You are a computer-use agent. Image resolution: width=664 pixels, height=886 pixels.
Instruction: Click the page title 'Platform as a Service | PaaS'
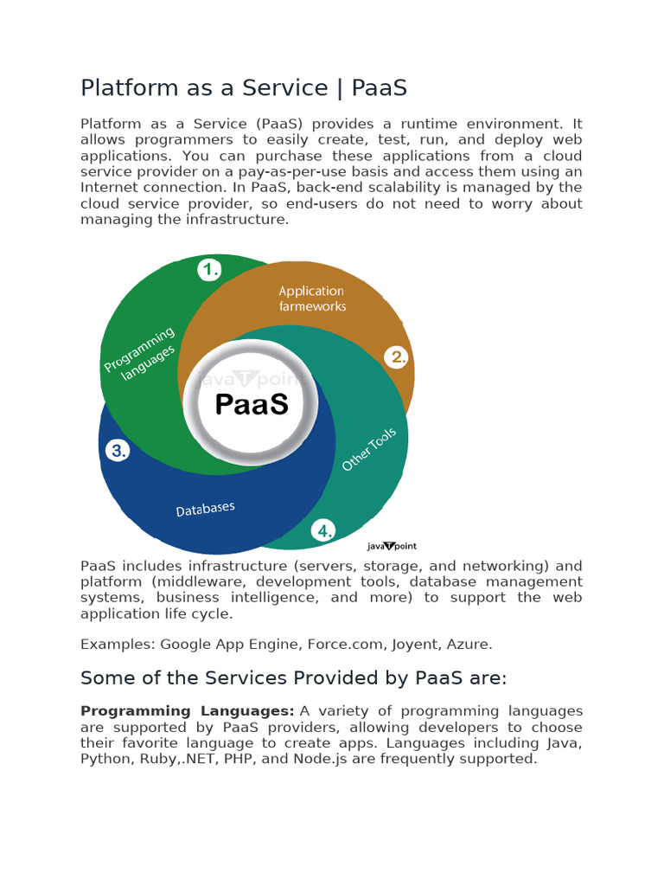pyautogui.click(x=243, y=87)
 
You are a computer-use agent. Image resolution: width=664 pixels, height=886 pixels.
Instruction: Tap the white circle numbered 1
pyautogui.click(x=210, y=270)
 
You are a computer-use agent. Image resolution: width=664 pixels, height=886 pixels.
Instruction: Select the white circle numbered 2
pyautogui.click(x=397, y=356)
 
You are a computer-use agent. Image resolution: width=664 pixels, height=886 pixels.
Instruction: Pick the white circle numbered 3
pyautogui.click(x=118, y=450)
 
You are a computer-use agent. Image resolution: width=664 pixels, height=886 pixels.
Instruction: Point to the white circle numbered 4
pyautogui.click(x=323, y=531)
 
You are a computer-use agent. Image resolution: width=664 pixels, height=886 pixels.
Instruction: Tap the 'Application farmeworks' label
pyautogui.click(x=312, y=299)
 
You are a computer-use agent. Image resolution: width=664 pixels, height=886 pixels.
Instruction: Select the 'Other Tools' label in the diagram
pyautogui.click(x=369, y=450)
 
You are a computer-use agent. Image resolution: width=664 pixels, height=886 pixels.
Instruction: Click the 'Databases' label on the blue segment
pyautogui.click(x=206, y=509)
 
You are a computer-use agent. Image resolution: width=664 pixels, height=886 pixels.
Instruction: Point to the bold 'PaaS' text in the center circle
pyautogui.click(x=252, y=404)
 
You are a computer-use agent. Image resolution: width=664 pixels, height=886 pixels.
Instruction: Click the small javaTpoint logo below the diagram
pyautogui.click(x=392, y=546)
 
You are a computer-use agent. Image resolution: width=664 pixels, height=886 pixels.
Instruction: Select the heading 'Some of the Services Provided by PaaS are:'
pyautogui.click(x=292, y=677)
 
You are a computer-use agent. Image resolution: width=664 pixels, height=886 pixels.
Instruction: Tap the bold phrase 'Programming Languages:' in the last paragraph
pyautogui.click(x=188, y=711)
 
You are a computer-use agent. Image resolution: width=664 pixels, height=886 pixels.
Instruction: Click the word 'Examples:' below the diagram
pyautogui.click(x=118, y=645)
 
